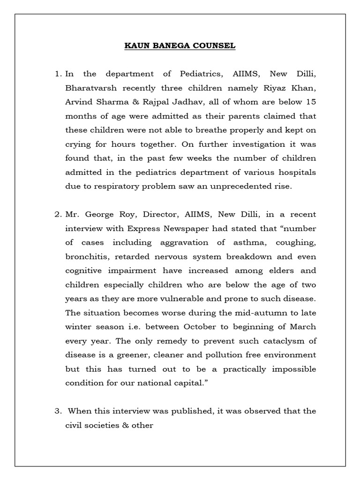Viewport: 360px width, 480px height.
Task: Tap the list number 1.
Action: pyautogui.click(x=58, y=74)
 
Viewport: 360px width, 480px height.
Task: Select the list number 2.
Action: pyautogui.click(x=58, y=214)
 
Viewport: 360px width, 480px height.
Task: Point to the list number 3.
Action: pyautogui.click(x=58, y=411)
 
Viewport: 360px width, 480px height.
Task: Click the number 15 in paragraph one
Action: pyautogui.click(x=310, y=102)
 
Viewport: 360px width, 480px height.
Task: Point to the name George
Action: pyautogui.click(x=96, y=214)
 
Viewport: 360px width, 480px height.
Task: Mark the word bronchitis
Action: pyautogui.click(x=83, y=256)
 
